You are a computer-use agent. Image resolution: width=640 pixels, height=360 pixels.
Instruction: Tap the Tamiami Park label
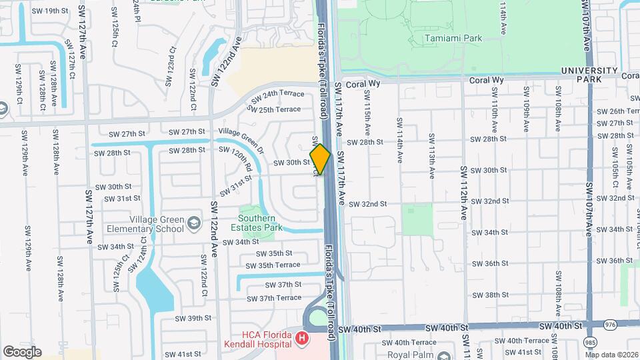coord(453,39)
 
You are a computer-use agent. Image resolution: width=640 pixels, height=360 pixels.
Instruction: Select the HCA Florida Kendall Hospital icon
coord(303,339)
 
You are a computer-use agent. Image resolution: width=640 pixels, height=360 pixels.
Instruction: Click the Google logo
coord(22,352)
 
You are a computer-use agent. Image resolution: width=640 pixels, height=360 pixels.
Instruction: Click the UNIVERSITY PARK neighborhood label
coord(589,75)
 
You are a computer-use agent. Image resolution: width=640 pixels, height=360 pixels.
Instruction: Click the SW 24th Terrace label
coord(277,94)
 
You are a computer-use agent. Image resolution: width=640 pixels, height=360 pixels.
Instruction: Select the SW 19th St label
coord(51,11)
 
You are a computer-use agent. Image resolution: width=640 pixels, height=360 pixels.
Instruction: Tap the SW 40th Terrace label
coord(527,341)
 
